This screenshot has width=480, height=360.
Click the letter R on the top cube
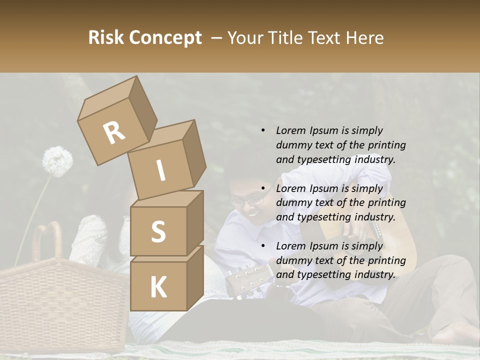114,133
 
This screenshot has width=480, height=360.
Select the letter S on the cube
158,232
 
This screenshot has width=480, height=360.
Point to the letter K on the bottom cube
158,287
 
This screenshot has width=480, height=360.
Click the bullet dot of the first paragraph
263,130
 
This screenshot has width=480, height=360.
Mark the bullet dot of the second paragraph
263,188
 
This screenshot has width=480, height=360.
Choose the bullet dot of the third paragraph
263,246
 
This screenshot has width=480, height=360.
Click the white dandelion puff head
57,161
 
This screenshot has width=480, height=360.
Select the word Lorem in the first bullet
290,131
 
